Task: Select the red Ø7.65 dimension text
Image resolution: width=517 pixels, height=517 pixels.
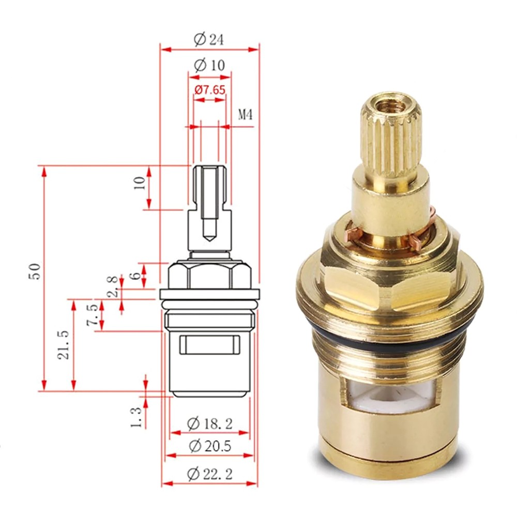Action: [x=209, y=90]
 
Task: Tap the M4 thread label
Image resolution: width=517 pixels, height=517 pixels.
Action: [x=245, y=115]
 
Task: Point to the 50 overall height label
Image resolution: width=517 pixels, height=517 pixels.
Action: [x=34, y=271]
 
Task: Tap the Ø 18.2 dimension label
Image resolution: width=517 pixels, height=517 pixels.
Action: [x=209, y=424]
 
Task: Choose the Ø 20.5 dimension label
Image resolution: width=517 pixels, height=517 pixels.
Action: [x=209, y=446]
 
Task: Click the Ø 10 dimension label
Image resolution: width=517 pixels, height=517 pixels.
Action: [x=209, y=66]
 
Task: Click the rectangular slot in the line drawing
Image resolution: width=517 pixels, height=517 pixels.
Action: [x=209, y=345]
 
